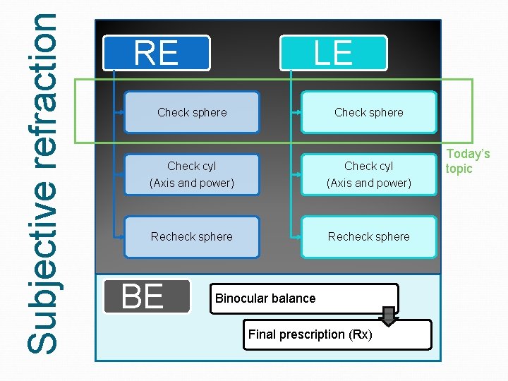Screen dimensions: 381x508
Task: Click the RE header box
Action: click(157, 53)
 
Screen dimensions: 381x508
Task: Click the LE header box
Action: click(334, 53)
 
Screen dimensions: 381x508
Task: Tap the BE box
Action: click(147, 296)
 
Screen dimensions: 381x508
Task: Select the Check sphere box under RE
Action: click(192, 112)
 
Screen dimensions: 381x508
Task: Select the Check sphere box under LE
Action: click(369, 112)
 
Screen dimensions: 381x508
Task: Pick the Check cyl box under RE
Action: click(192, 174)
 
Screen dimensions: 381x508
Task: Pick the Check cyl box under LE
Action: click(369, 174)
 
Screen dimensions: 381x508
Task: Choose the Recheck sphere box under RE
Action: click(192, 237)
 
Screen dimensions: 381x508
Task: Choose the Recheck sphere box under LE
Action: click(369, 237)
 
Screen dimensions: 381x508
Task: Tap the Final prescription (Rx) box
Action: click(339, 334)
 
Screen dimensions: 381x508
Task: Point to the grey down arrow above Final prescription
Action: click(389, 315)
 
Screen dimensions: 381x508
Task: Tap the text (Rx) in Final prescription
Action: click(360, 334)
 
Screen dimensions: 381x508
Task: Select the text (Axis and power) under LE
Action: click(369, 183)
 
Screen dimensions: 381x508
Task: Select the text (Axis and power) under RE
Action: click(192, 183)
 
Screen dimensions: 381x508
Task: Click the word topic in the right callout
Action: click(459, 169)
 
